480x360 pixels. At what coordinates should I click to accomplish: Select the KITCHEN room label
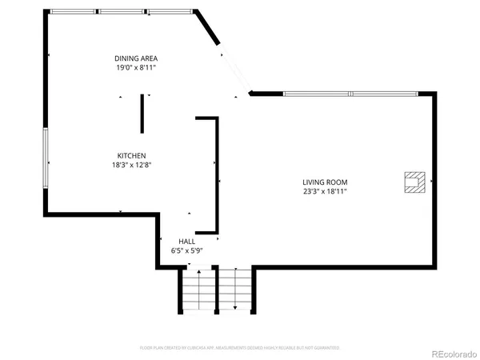pyautogui.click(x=131, y=155)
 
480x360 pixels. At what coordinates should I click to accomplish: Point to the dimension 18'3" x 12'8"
pyautogui.click(x=131, y=165)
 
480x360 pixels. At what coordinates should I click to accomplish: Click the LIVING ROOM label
pyautogui.click(x=324, y=182)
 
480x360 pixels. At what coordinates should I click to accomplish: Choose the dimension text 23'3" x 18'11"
pyautogui.click(x=324, y=191)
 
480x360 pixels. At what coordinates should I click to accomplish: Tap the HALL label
pyautogui.click(x=187, y=241)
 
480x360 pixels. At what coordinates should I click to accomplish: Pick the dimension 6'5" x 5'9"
pyautogui.click(x=187, y=250)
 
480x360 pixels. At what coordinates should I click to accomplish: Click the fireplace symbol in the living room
pyautogui.click(x=414, y=182)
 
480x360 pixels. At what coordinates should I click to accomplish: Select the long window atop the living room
pyautogui.click(x=350, y=94)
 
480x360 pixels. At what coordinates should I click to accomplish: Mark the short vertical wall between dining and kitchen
pyautogui.click(x=142, y=114)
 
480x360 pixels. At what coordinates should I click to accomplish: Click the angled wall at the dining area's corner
pyautogui.click(x=209, y=28)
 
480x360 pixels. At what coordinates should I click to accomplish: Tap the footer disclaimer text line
pyautogui.click(x=240, y=348)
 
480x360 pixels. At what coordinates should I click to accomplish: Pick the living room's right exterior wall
pyautogui.click(x=436, y=180)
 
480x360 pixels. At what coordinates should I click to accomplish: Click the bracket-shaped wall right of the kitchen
pyautogui.click(x=214, y=172)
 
